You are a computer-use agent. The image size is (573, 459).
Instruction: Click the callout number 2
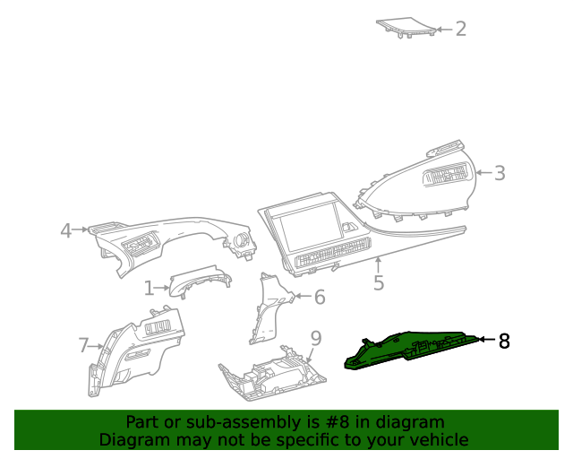461,29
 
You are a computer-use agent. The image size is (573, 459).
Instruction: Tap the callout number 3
500,173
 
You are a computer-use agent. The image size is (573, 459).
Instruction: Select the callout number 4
65,231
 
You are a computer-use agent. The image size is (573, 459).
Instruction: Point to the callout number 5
379,283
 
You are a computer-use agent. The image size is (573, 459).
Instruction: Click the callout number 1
149,288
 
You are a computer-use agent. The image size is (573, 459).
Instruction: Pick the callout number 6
319,297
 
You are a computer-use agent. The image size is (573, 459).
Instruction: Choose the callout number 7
83,345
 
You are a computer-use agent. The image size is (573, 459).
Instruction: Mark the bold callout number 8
504,341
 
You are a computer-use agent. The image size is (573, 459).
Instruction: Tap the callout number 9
315,337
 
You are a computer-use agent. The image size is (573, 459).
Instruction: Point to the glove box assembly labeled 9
269,375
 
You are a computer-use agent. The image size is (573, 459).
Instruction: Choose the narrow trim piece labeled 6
268,309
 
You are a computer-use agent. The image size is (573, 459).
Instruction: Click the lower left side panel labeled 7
134,350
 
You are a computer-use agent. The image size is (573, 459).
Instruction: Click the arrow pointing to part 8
484,340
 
